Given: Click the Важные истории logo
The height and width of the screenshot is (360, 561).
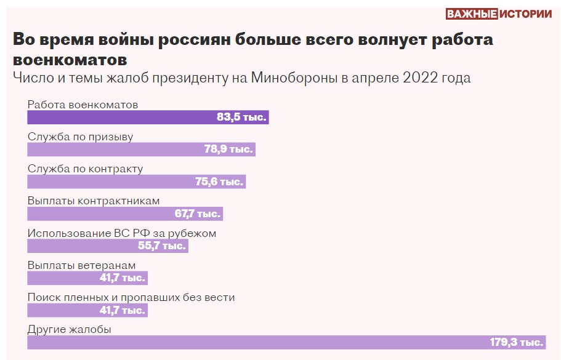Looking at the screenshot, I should pyautogui.click(x=498, y=15).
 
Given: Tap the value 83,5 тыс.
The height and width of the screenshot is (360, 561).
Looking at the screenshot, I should pyautogui.click(x=241, y=118).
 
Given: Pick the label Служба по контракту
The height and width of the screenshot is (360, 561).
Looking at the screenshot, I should pyautogui.click(x=85, y=169).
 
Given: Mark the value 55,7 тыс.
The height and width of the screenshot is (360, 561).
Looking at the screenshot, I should pyautogui.click(x=161, y=246).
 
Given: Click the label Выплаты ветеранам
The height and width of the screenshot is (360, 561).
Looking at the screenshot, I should pyautogui.click(x=81, y=265).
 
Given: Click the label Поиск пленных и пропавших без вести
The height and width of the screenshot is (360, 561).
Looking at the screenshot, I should pyautogui.click(x=131, y=297).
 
